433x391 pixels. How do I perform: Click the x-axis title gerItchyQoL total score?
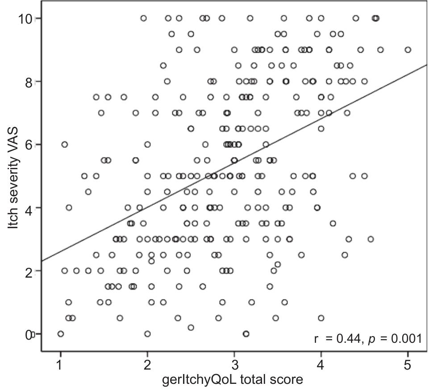233,380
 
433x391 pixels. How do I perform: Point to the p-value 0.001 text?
406,339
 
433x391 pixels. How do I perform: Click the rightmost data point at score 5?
408,50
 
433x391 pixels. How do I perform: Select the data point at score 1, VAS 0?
61,334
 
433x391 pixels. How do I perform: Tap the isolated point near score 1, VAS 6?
65,144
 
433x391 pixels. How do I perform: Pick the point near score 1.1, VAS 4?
69,208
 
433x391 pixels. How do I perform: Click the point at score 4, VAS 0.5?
321,318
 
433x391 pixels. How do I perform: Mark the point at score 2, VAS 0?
147,334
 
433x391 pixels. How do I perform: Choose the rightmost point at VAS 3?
371,239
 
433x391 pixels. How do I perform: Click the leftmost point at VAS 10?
143,18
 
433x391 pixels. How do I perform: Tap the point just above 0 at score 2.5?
191,328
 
